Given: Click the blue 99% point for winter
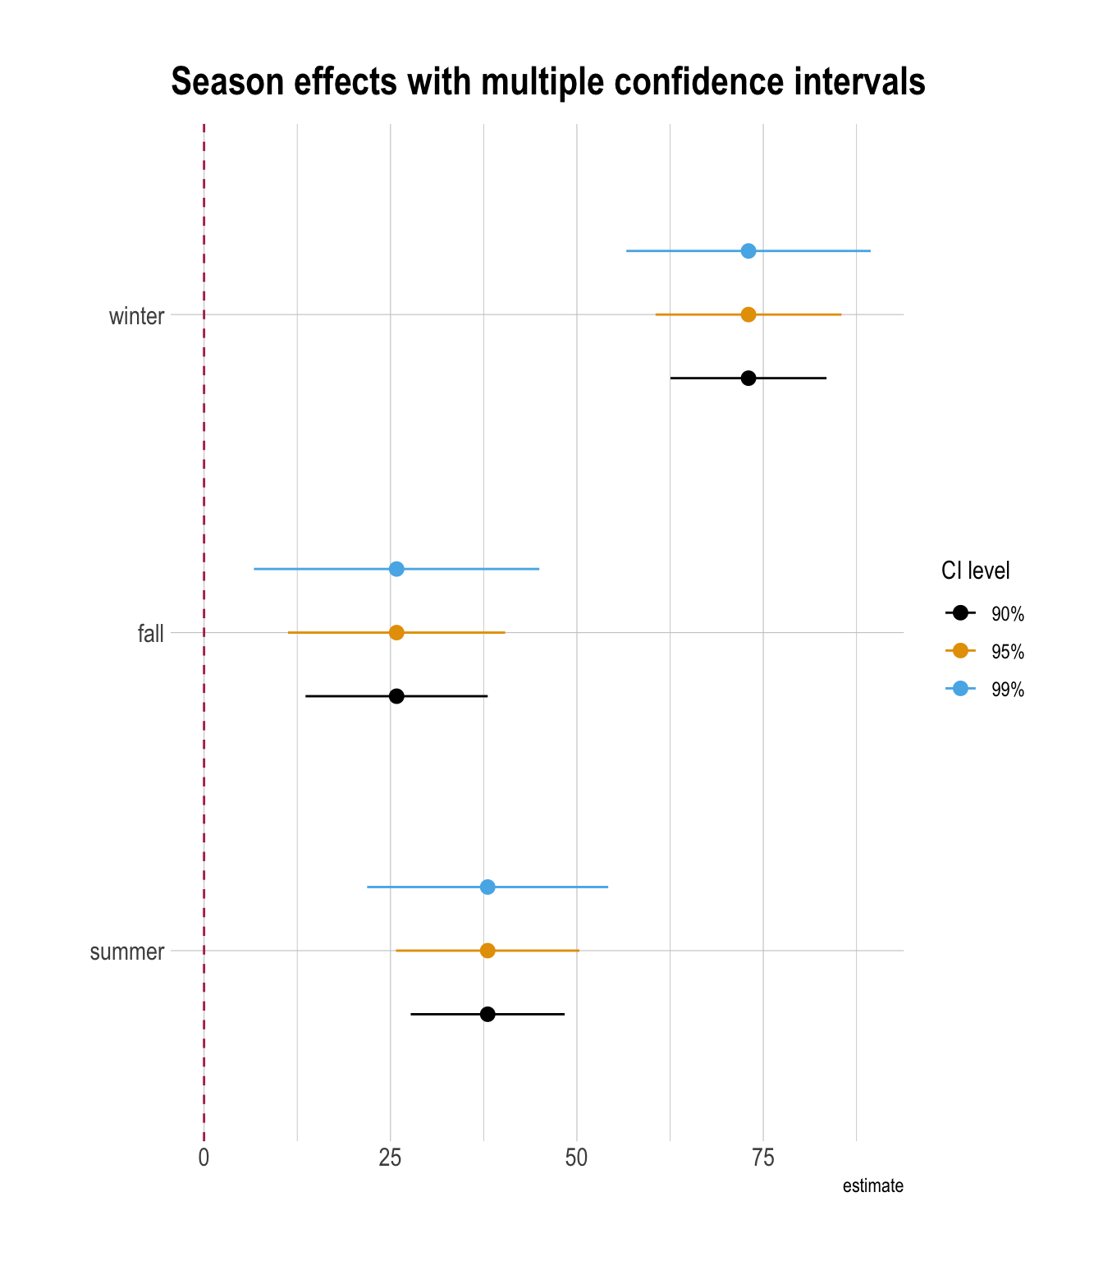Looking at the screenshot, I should pos(748,250).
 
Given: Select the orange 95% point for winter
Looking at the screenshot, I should pos(748,314).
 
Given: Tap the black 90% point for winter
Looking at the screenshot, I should pos(748,378).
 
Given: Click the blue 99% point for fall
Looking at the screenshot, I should pos(396,569).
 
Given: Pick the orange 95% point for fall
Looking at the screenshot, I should pos(396,632).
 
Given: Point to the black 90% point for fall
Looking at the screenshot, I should pos(396,696).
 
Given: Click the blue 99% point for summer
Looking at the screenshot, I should pos(487,887).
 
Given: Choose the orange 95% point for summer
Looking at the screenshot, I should pos(487,951).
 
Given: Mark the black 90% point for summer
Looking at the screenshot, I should pos(487,1014).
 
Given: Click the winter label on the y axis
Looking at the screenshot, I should pos(136,316).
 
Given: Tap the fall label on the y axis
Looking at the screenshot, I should pos(151,634).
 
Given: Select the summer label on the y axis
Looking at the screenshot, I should pos(127,952).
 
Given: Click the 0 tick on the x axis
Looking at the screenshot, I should pos(204,1158).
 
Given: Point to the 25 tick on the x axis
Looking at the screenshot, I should pos(390,1158).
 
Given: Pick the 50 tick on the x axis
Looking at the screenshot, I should pos(577,1158).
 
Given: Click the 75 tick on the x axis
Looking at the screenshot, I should pos(763,1158).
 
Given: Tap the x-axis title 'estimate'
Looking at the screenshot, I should pos(872,1185).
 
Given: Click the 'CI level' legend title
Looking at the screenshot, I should pos(975,571).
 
